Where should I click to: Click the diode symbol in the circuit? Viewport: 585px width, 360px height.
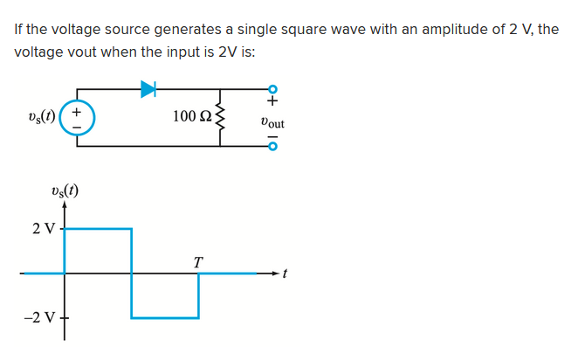pos(148,88)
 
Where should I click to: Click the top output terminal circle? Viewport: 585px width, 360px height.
pos(272,89)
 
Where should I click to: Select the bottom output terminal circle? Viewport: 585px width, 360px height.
pos(272,145)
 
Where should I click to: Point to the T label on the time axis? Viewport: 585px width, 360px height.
pos(198,261)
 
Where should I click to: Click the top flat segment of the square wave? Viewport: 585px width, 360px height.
pos(98,229)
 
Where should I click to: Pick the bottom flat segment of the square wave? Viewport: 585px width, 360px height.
pos(165,317)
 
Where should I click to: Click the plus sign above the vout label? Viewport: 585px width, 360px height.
pos(272,106)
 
